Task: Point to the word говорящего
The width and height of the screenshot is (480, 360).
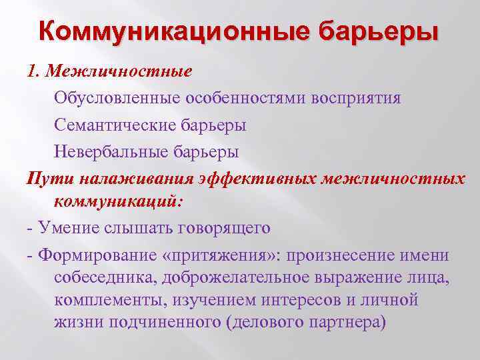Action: click(225, 228)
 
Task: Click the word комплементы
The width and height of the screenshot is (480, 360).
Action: click(111, 300)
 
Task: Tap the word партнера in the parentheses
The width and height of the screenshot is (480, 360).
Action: click(347, 323)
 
